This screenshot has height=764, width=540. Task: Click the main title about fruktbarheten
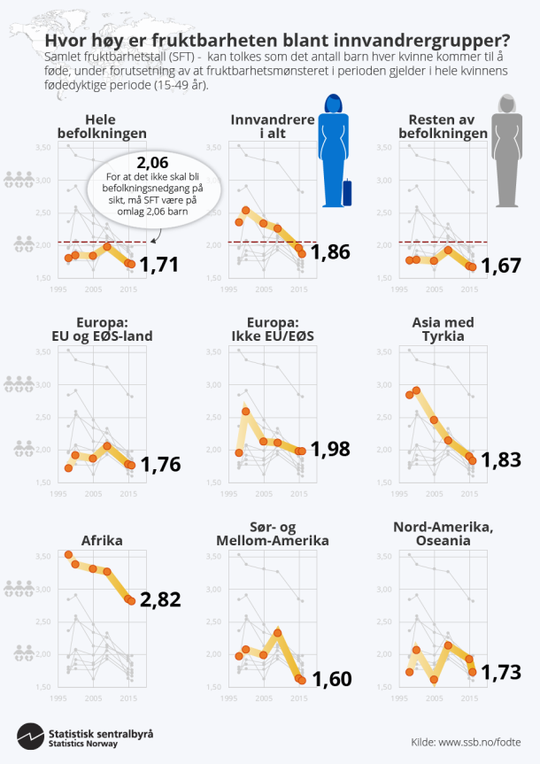pyautogui.click(x=276, y=41)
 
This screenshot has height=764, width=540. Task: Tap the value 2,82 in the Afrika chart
pyautogui.click(x=160, y=598)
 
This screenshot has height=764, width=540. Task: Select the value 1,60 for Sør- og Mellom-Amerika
pyautogui.click(x=330, y=679)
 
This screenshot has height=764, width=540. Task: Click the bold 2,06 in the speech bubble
pyautogui.click(x=152, y=163)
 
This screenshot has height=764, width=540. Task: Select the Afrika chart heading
pyautogui.click(x=102, y=540)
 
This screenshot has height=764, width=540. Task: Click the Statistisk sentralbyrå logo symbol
pyautogui.click(x=31, y=736)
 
